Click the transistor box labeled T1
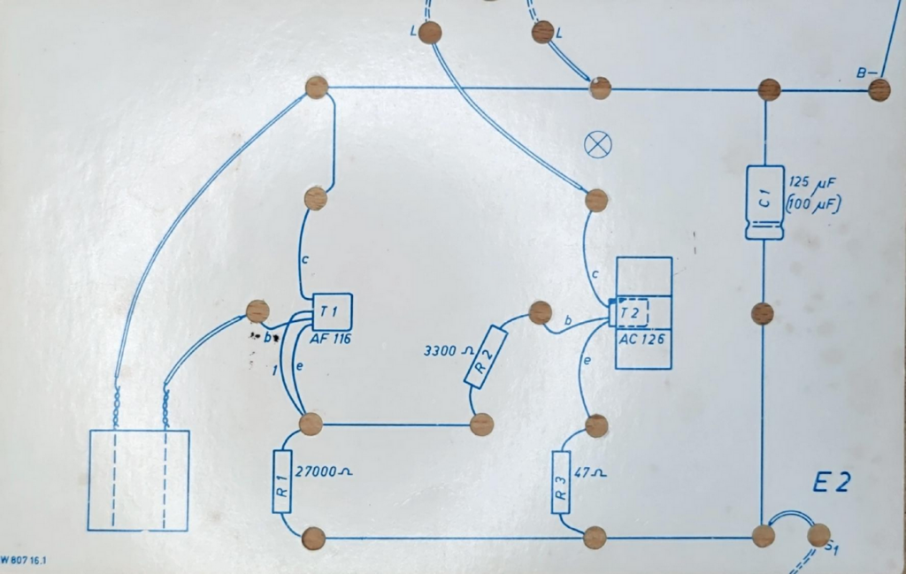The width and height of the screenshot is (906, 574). (x=333, y=312)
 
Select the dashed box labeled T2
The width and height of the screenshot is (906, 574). (x=632, y=313)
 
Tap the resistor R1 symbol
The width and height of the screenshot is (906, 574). (x=281, y=482)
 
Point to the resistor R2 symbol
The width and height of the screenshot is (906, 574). (x=486, y=356)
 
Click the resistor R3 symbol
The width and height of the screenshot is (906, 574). (x=561, y=482)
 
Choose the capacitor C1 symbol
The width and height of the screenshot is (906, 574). (x=765, y=203)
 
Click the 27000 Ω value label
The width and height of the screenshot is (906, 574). (x=323, y=471)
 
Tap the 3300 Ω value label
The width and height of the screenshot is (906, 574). (x=449, y=350)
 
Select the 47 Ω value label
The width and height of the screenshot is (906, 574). (x=590, y=472)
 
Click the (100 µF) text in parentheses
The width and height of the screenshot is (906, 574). (x=813, y=204)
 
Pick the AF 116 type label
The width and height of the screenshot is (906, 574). (x=331, y=339)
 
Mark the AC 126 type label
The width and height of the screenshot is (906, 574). (x=641, y=339)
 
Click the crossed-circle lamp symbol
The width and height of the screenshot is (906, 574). (x=598, y=144)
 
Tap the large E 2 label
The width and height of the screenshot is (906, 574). (x=832, y=483)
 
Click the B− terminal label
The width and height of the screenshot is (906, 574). (x=866, y=73)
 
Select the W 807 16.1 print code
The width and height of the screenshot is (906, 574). (x=23, y=560)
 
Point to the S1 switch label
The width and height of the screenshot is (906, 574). (x=831, y=547)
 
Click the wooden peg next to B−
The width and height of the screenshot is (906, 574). (x=879, y=90)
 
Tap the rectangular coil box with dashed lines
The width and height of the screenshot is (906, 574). (x=139, y=480)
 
